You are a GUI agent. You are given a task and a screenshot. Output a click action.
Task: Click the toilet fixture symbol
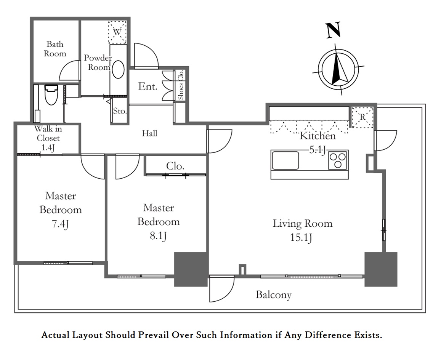pos(51,95)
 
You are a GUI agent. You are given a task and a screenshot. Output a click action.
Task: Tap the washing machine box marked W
pos(117,32)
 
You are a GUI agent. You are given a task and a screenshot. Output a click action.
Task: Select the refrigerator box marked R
pos(362,117)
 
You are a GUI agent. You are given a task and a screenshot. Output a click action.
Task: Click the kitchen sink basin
pos(285,160)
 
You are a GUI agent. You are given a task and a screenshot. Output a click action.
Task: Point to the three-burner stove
pos(338,160)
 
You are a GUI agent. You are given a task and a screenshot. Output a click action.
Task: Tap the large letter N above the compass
pos(333,30)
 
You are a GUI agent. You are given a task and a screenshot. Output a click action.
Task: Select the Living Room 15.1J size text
pos(301,237)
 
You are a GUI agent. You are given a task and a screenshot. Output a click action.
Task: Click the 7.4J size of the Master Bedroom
pos(60,224)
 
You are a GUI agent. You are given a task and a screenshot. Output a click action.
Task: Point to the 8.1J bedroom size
pos(158,236)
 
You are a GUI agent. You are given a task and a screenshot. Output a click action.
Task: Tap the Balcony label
pos(273,295)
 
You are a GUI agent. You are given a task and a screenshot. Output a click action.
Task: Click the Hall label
pos(150,133)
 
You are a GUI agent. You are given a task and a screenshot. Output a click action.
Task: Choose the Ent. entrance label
pos(148,86)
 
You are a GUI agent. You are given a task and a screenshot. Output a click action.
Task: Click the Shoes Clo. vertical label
pos(181,85)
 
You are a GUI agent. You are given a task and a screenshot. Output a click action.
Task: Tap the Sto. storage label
pos(120,111)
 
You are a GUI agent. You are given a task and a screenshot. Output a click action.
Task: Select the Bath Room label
pos(55,49)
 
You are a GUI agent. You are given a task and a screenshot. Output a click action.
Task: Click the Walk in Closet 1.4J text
pos(48,138)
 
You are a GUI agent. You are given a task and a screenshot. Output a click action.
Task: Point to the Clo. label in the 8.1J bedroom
pos(175,166)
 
